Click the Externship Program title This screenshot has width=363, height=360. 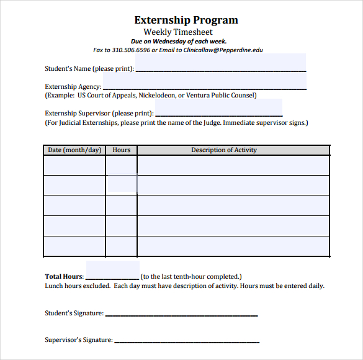[x=186, y=20]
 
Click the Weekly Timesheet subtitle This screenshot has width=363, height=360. [x=178, y=32]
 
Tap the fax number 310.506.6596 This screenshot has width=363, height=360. [x=131, y=50]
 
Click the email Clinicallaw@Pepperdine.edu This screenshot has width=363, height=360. [x=223, y=50]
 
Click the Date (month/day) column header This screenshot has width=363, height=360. [x=74, y=150]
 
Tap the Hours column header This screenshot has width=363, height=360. [x=122, y=150]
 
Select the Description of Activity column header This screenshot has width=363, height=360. [x=224, y=150]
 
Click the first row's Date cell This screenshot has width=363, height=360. [x=74, y=166]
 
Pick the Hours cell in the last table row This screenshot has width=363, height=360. [x=122, y=246]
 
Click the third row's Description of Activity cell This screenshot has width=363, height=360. [x=233, y=205]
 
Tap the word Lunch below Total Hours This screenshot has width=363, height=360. [x=55, y=286]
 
